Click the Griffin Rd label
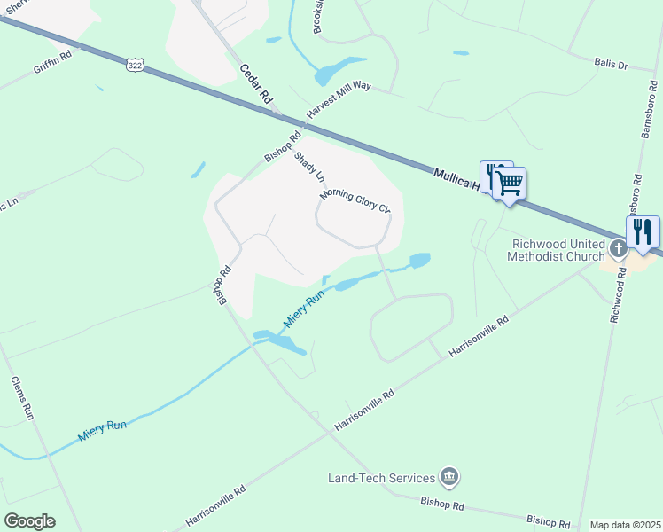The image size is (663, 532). tap(51, 61)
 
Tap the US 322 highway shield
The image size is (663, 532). tap(135, 66)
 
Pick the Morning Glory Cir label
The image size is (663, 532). tap(355, 201)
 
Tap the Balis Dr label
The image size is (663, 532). tap(610, 64)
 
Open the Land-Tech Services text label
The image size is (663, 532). tap(381, 478)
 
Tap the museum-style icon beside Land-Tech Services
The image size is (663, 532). tap(449, 478)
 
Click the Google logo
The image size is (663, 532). tap(29, 520)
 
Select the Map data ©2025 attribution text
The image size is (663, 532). tap(625, 525)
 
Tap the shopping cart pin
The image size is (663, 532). tap(509, 184)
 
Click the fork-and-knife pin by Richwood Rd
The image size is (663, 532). tap(643, 232)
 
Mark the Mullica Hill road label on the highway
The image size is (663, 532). tap(457, 179)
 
